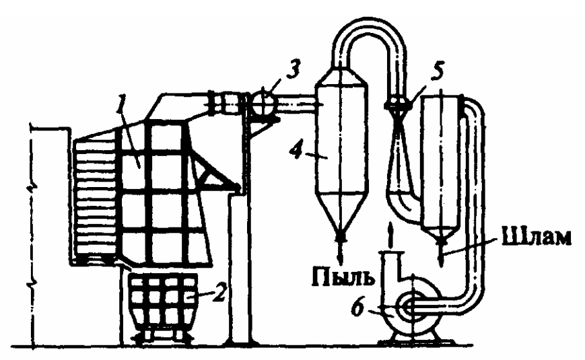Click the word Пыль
pyautogui.click(x=342, y=277)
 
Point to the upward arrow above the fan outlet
pyautogui.click(x=390, y=236)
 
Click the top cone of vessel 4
pyautogui.click(x=340, y=76)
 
